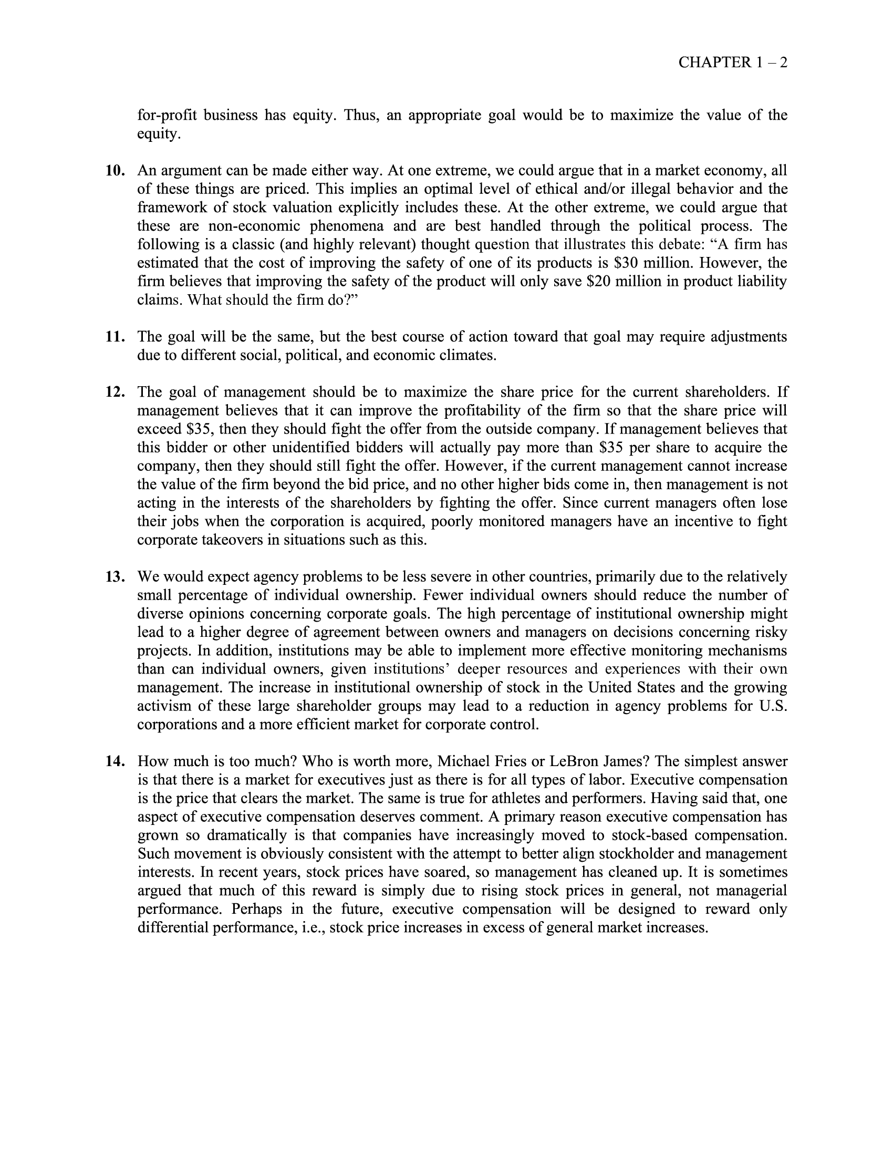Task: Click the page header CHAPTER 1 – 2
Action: coord(733,63)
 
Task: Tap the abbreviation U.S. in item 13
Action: coord(774,706)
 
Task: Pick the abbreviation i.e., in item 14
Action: coord(310,928)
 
